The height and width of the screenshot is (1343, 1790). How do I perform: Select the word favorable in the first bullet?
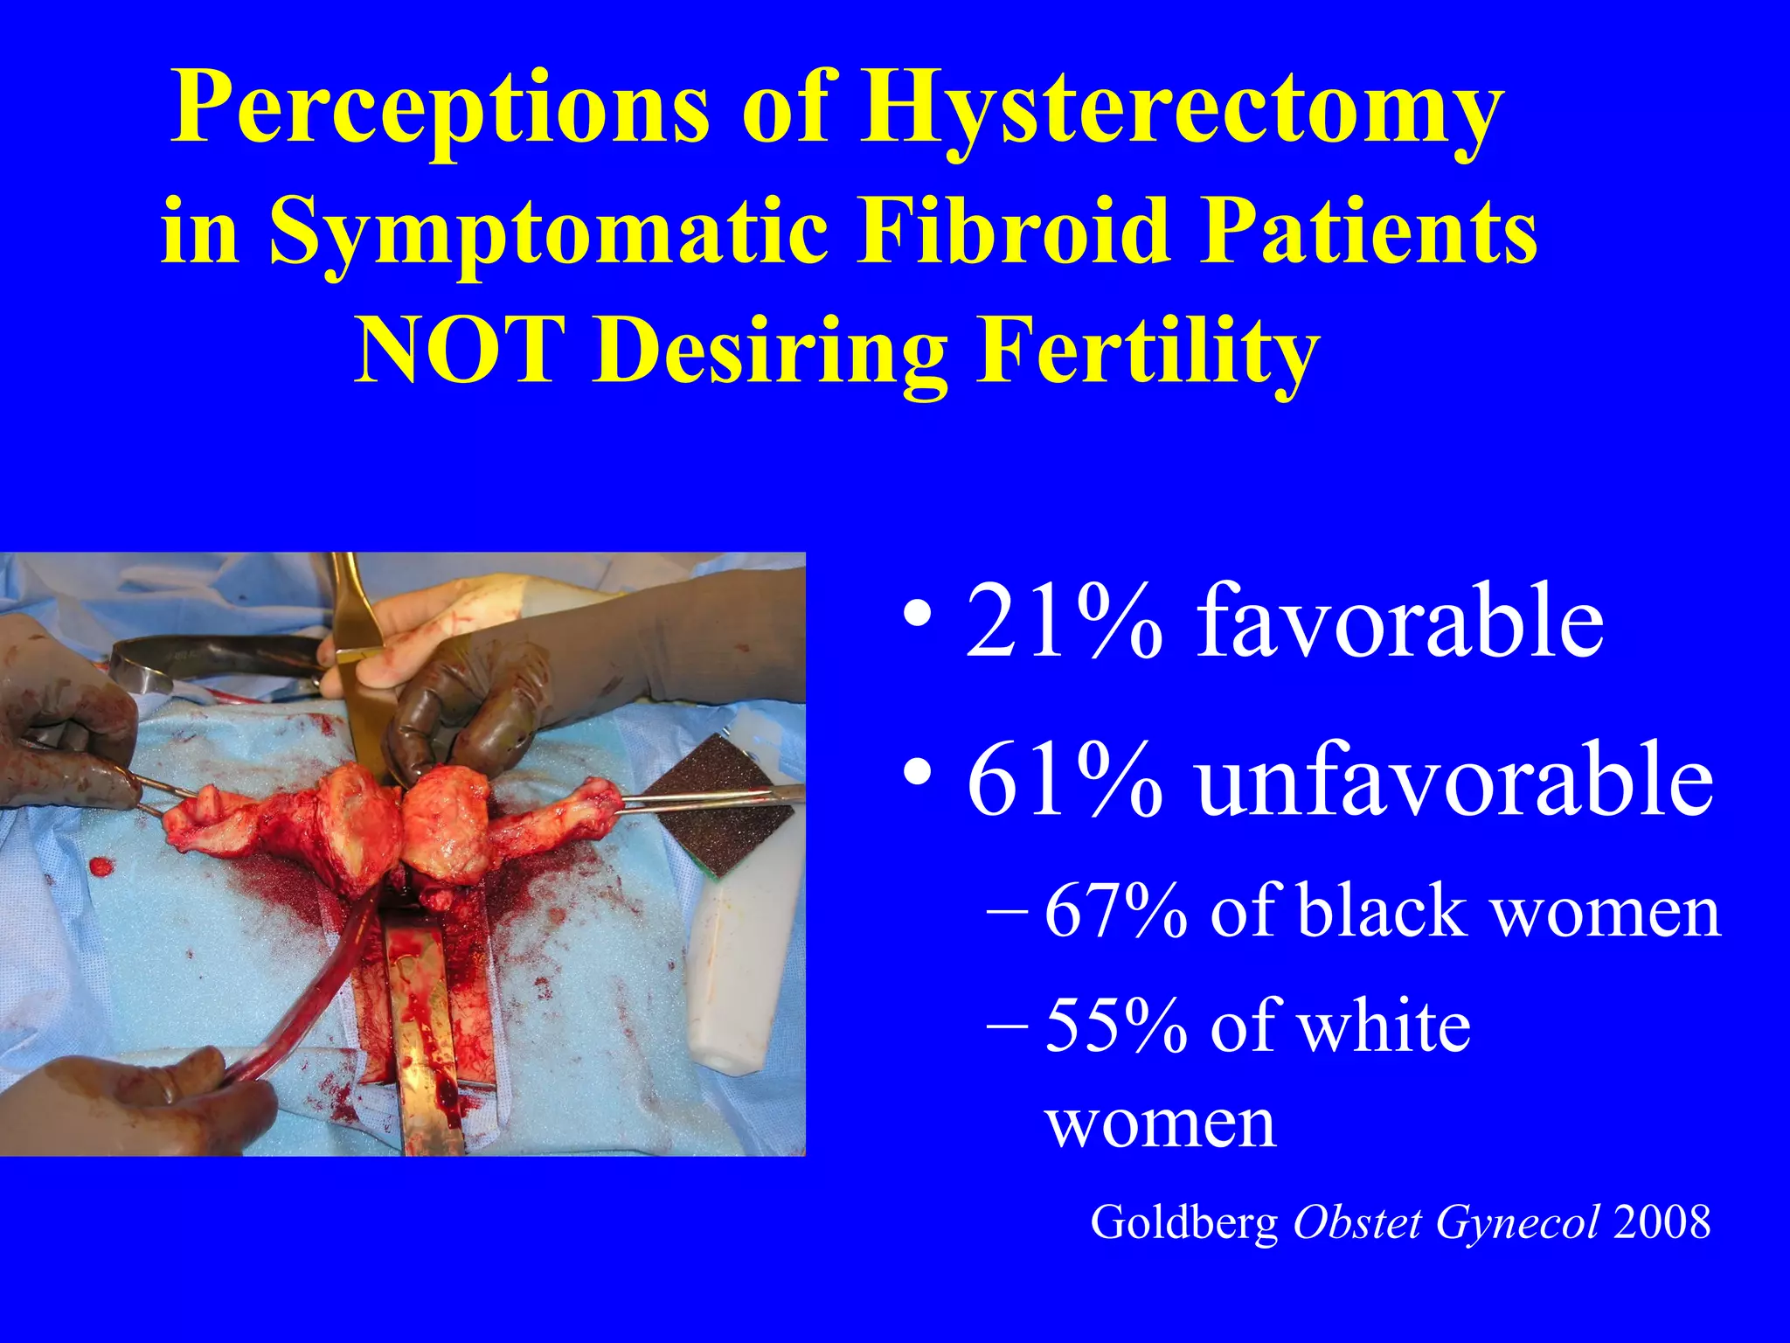(1398, 623)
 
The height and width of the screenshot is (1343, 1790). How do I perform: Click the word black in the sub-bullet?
(1381, 912)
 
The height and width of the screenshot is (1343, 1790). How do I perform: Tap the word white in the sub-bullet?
(1384, 1026)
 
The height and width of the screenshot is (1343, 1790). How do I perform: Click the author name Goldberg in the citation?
(1184, 1222)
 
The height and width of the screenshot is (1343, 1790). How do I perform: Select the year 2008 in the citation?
(1662, 1222)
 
